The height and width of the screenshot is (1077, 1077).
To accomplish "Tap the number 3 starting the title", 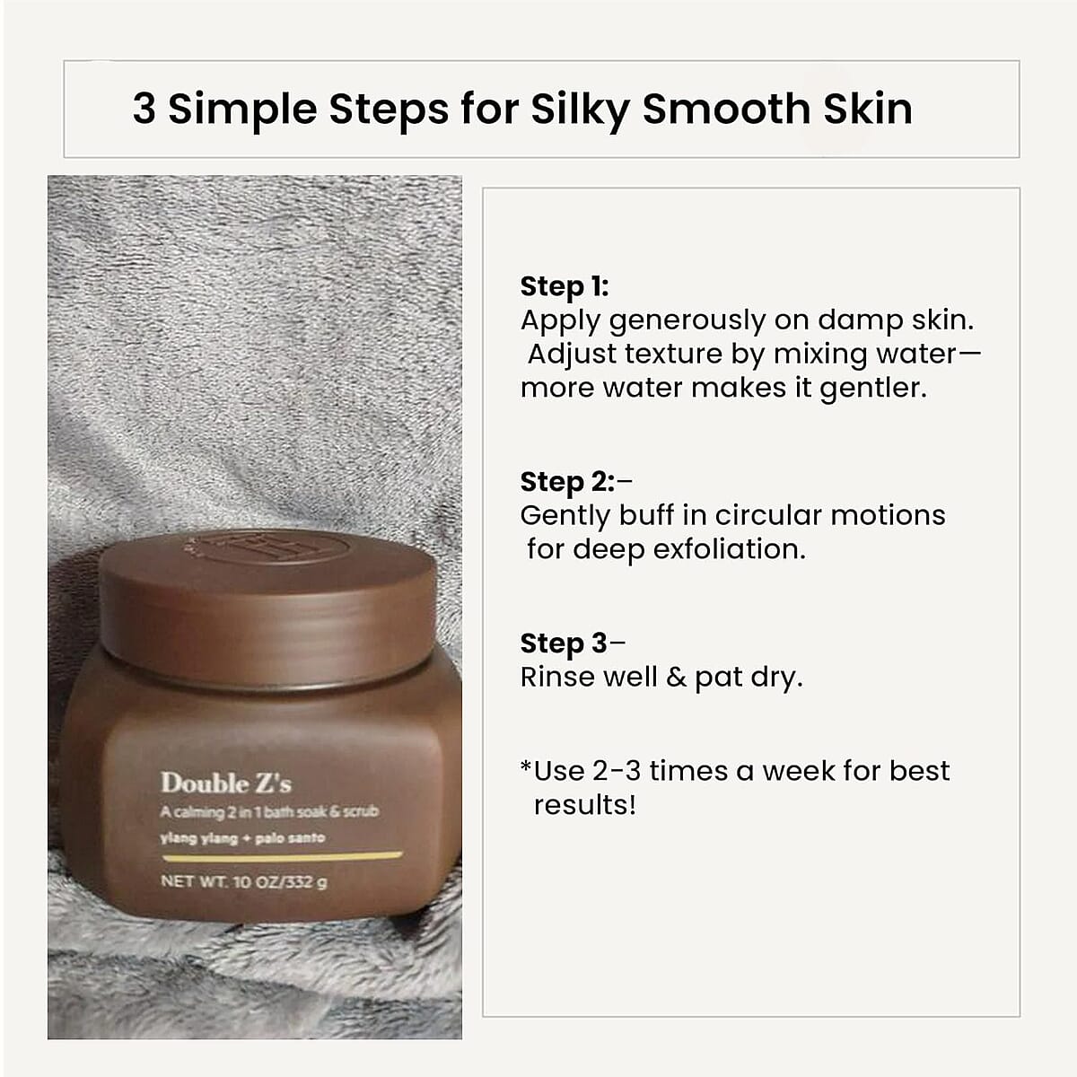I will point(144,109).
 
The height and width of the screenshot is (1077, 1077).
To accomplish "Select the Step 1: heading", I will point(565,286).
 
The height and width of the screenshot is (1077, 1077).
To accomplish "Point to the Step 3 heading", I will point(564,644).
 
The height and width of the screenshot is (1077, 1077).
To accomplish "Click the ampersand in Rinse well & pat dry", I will point(676,677).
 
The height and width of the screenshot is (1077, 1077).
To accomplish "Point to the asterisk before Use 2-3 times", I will point(526,769).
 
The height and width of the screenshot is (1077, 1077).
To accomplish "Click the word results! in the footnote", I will point(584,805).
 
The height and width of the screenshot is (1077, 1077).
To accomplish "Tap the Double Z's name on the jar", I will point(226,784).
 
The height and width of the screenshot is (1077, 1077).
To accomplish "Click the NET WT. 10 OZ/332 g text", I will point(243,881).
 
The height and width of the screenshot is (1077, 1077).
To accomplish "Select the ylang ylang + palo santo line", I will point(242,838).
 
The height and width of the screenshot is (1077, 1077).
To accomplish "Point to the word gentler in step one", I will point(872,389).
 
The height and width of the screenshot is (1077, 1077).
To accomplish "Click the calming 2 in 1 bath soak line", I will point(269,812).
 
